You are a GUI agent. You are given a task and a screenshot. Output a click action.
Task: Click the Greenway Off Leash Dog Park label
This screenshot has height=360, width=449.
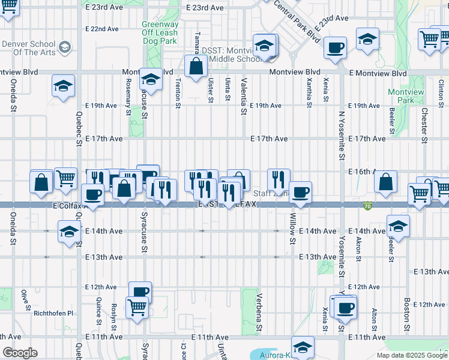(160, 33)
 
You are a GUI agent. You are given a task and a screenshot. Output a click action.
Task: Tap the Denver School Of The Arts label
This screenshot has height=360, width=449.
(30, 48)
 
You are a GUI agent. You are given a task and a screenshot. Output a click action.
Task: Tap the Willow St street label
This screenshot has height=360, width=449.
(293, 228)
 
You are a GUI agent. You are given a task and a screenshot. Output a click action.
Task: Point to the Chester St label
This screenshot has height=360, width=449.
(424, 121)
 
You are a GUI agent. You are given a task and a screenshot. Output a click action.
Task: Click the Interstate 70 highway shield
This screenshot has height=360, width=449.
(367, 206)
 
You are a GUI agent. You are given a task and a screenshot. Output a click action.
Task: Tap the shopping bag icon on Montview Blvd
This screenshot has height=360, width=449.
(196, 67)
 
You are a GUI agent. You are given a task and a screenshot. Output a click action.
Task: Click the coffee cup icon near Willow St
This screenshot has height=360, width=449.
(301, 192)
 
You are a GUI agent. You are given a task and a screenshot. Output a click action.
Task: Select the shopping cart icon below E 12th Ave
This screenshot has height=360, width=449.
(137, 308)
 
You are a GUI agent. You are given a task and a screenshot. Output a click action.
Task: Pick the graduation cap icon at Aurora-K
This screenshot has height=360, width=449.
(303, 347)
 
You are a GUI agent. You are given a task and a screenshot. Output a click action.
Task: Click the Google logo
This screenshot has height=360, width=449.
(19, 353)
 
